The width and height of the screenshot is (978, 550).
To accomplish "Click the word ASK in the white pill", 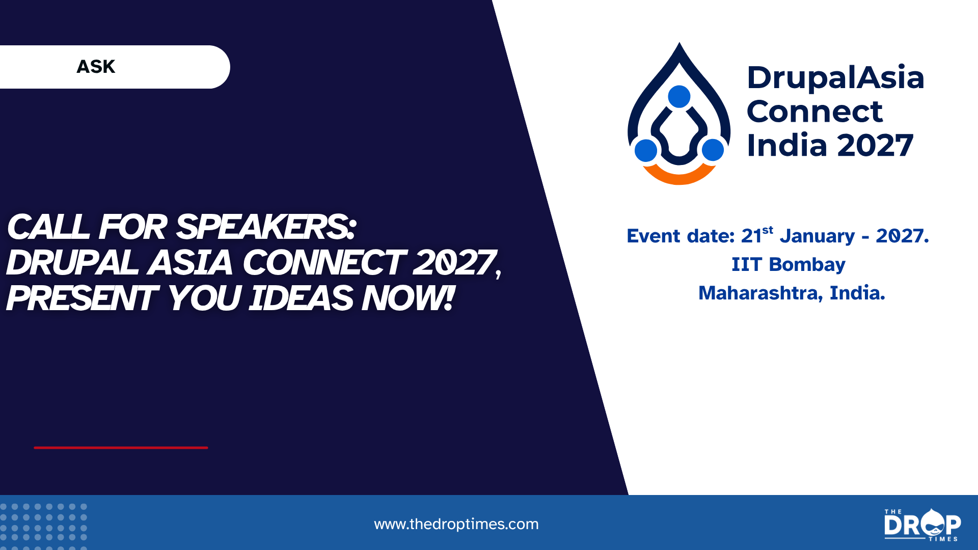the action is [x=96, y=67].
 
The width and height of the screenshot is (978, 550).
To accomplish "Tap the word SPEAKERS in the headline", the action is [x=266, y=227].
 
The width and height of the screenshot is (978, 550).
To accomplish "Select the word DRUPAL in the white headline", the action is [x=72, y=263].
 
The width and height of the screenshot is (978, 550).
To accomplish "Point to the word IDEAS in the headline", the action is [x=301, y=298].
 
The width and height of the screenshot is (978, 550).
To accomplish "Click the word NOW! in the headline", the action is [x=407, y=298].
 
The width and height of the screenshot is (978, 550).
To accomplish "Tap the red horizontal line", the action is [x=121, y=448].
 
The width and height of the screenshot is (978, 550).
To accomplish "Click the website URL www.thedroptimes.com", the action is [x=456, y=524].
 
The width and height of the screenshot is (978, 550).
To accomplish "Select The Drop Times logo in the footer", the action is [x=922, y=525].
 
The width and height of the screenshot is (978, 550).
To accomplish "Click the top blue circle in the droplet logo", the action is [x=679, y=96].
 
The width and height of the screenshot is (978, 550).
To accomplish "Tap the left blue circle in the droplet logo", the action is [x=646, y=150].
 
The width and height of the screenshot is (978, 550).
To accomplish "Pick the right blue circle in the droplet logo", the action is [x=713, y=150].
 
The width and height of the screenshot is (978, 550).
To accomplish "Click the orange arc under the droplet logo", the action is [x=679, y=178].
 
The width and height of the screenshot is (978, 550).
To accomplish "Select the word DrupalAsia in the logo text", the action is [x=835, y=78].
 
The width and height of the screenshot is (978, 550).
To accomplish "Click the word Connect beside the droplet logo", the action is [x=814, y=112].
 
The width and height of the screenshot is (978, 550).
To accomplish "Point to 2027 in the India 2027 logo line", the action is [x=875, y=146].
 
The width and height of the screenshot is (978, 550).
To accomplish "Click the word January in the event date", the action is [x=817, y=236].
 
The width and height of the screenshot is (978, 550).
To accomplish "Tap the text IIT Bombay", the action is [x=789, y=265].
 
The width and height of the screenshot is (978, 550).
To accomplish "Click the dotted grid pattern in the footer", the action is [x=44, y=526].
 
